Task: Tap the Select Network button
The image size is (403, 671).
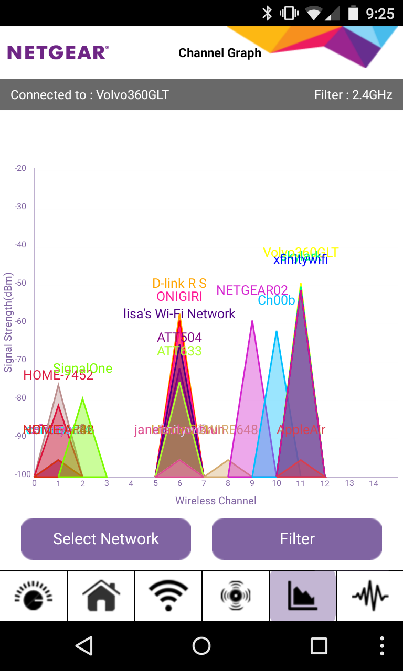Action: pyautogui.click(x=106, y=539)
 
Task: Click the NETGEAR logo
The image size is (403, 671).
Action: pyautogui.click(x=58, y=52)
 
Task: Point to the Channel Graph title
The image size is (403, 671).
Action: pyautogui.click(x=220, y=53)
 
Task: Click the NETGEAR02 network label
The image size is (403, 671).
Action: pyautogui.click(x=252, y=290)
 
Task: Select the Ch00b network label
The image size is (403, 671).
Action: pyautogui.click(x=276, y=300)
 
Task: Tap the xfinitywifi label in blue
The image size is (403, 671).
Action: pyautogui.click(x=301, y=259)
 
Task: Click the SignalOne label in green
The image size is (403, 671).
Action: pyautogui.click(x=83, y=369)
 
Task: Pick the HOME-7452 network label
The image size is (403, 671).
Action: pyautogui.click(x=58, y=375)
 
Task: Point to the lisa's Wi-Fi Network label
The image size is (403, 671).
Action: pyautogui.click(x=179, y=314)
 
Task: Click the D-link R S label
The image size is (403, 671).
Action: pyautogui.click(x=179, y=284)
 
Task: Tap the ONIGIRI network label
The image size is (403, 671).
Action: pyautogui.click(x=179, y=297)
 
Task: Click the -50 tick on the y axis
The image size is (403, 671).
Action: pyautogui.click(x=20, y=283)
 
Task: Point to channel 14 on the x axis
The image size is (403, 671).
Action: pyautogui.click(x=373, y=483)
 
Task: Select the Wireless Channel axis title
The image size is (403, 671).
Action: pyautogui.click(x=216, y=501)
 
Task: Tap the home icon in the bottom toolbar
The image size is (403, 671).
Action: pyautogui.click(x=101, y=596)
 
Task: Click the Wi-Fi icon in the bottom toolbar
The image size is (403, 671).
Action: pyautogui.click(x=168, y=596)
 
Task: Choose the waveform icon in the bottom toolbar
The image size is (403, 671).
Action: pyautogui.click(x=370, y=596)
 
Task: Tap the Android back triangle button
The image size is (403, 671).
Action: pyautogui.click(x=84, y=646)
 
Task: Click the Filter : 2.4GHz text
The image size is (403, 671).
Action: pyautogui.click(x=353, y=95)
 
